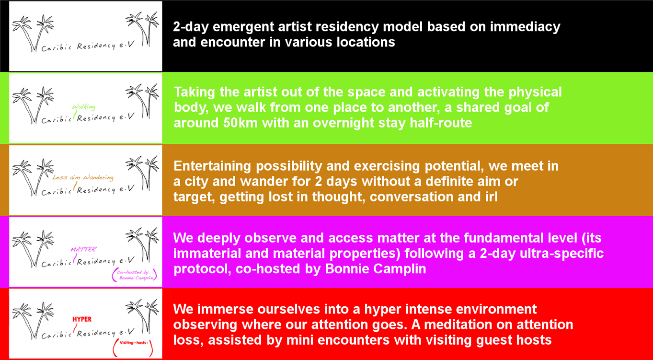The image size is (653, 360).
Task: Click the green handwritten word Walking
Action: pos(84,107)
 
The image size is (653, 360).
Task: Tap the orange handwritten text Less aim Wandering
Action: pos(83,177)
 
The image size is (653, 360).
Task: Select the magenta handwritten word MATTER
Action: pos(83,250)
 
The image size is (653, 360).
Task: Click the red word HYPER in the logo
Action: pos(82,319)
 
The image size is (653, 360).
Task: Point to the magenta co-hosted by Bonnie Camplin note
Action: pos(135,275)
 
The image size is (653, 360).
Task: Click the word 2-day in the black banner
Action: pos(191,27)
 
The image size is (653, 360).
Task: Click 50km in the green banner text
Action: pos(240,123)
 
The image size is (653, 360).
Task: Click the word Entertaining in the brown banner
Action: pos(212,166)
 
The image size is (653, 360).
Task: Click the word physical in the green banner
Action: pos(535,93)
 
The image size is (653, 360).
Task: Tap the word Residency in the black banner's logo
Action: pos(96,46)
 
